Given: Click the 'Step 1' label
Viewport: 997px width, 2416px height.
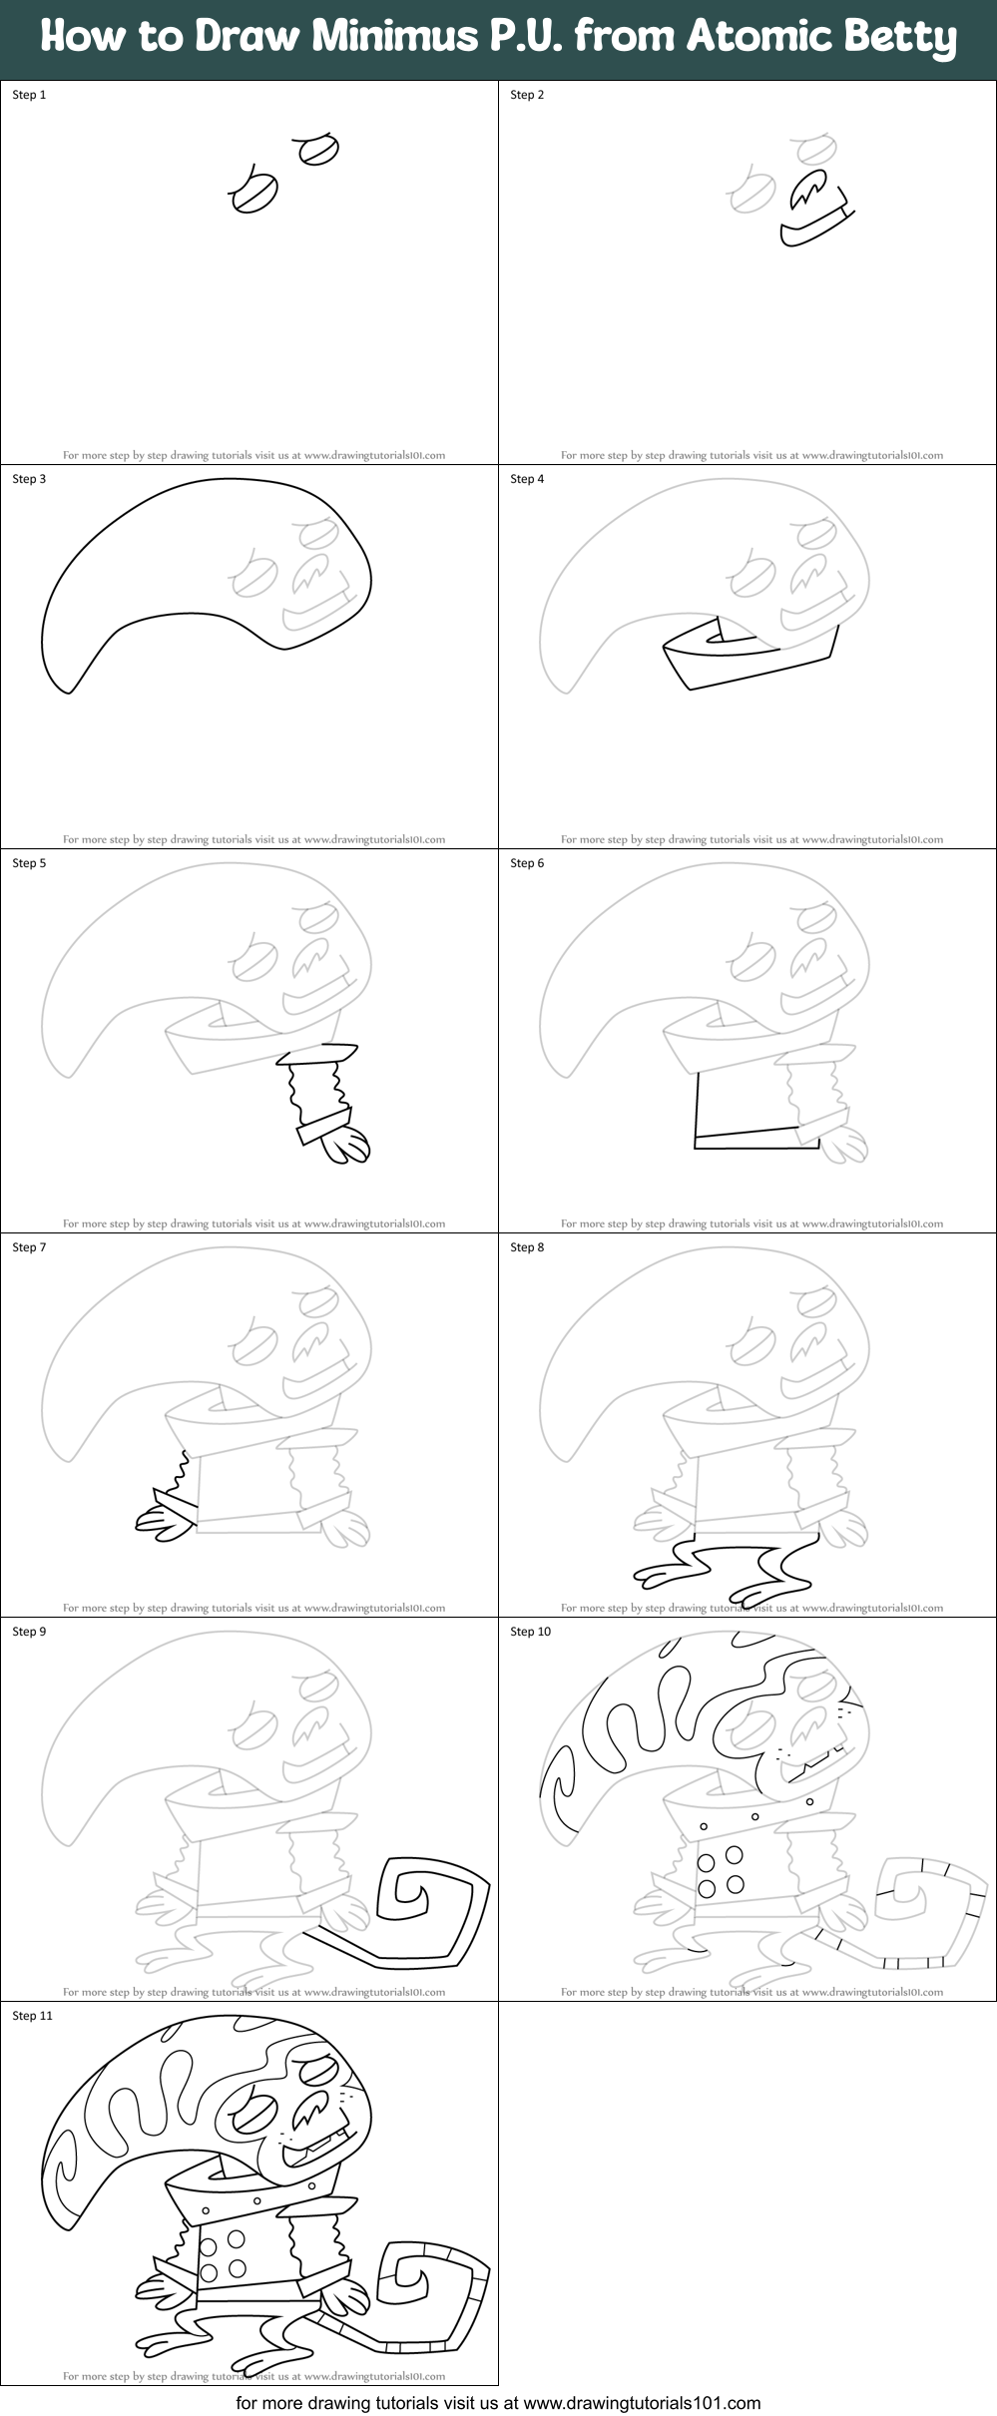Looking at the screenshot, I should point(29,95).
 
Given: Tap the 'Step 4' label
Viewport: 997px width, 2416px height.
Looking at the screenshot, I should point(527,479).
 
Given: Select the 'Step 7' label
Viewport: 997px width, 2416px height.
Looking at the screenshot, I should point(29,1247).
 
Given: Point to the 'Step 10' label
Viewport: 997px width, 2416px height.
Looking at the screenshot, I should point(530,1632).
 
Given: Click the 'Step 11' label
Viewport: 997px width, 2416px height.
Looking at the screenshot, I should point(32,2016).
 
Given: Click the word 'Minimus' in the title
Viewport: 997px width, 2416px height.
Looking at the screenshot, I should point(394,36).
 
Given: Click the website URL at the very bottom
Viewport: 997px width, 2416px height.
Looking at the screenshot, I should point(642,2402).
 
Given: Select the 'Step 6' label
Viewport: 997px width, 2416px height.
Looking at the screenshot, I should point(527,863).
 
